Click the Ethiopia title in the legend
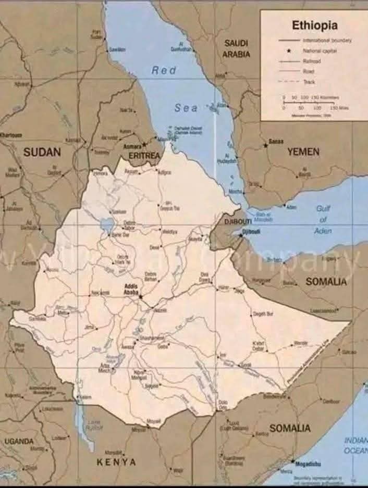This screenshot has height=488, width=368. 314,25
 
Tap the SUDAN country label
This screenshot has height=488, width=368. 42,152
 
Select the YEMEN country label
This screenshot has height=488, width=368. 303,152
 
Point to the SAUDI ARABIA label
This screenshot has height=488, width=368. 236,48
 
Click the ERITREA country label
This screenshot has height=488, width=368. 143,155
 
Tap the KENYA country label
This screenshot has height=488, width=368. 116,461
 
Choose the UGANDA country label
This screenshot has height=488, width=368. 19,441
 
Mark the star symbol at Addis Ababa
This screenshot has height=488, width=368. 140,296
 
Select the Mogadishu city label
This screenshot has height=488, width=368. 308,463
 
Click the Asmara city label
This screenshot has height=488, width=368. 132,146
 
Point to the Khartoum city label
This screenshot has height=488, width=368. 11,135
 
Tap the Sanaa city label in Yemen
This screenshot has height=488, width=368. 276,141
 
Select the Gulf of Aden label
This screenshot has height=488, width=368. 323,219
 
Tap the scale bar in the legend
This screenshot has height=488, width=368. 315,102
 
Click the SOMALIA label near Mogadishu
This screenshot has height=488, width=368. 290,428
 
